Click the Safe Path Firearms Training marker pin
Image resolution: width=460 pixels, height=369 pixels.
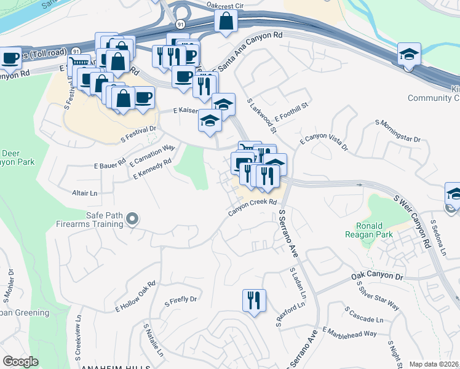pyautogui.click(x=131, y=219)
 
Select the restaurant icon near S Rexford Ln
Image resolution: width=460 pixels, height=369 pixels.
pyautogui.click(x=254, y=301)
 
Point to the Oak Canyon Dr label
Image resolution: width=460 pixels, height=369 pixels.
pyautogui.click(x=377, y=277)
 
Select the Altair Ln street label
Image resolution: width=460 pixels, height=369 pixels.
pyautogui.click(x=85, y=192)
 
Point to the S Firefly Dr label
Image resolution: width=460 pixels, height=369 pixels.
pyautogui.click(x=180, y=300)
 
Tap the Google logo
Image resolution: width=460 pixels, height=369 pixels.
pyautogui.click(x=21, y=362)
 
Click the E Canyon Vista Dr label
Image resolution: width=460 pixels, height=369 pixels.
pyautogui.click(x=323, y=143)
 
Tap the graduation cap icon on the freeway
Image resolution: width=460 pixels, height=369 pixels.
pyautogui.click(x=409, y=54)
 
